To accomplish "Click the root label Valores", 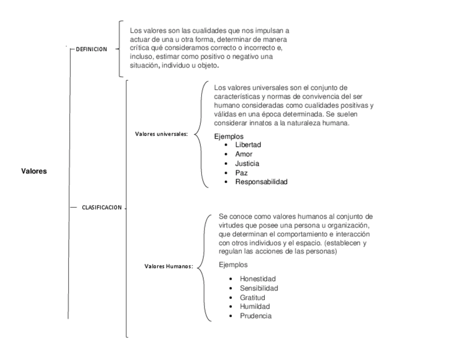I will [34, 171].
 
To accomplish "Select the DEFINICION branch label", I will [91, 49].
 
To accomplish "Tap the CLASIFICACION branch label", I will [102, 207].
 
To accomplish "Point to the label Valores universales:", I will [162, 134].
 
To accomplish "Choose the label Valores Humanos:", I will [169, 267].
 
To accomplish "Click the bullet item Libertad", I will [248, 145].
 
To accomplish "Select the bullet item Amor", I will [244, 154].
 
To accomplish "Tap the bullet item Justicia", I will [247, 163].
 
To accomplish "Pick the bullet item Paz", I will [241, 173].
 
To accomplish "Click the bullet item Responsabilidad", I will [261, 182].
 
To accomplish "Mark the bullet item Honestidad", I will [258, 279].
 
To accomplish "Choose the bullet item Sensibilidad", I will [259, 288].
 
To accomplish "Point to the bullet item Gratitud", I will [253, 297].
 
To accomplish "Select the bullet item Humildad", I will [254, 307].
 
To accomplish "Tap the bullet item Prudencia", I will [256, 316].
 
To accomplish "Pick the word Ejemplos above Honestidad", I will [233, 264].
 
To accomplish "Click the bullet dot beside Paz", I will [226, 173].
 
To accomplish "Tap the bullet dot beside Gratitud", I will [231, 298].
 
